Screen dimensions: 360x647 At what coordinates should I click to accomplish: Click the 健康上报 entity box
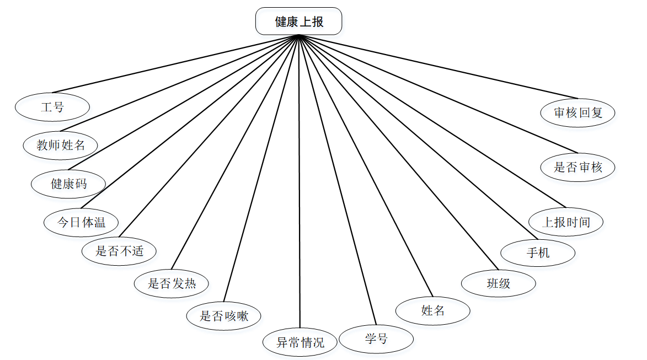click(298, 22)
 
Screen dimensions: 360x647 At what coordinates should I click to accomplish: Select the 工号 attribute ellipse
click(52, 107)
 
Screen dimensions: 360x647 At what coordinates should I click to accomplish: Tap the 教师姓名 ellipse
click(61, 146)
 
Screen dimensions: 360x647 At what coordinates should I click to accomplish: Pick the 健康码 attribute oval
click(68, 184)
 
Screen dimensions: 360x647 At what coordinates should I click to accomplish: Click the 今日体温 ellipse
click(81, 223)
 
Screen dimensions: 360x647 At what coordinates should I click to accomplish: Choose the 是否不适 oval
click(119, 251)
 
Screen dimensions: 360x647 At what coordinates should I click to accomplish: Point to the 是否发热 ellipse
click(172, 284)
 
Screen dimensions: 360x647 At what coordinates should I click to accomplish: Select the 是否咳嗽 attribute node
click(223, 316)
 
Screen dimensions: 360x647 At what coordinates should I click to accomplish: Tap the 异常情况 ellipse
click(300, 342)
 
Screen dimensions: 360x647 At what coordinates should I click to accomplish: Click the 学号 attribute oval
click(376, 338)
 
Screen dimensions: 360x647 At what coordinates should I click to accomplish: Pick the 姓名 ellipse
click(432, 310)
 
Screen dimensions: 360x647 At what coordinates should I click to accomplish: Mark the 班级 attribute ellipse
click(499, 283)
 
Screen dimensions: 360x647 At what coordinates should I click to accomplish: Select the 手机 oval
click(538, 254)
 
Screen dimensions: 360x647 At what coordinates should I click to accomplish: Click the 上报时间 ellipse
click(566, 222)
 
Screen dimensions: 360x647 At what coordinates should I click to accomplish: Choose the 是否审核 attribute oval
click(578, 167)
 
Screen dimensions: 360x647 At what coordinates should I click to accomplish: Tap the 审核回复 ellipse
click(578, 112)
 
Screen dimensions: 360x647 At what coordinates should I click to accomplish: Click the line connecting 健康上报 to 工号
click(174, 64)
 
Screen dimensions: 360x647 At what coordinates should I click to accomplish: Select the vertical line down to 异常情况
click(300, 182)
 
